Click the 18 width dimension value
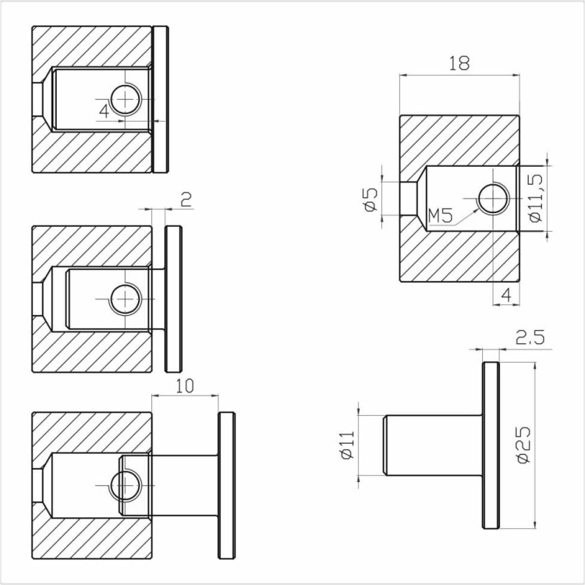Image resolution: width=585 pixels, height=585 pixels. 459,63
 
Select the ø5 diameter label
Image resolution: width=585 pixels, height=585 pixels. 371,199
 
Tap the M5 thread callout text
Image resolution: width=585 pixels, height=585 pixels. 440,216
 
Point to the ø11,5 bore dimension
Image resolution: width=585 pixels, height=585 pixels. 536,198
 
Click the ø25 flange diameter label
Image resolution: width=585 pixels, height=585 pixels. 524,445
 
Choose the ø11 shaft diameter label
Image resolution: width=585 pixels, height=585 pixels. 347,445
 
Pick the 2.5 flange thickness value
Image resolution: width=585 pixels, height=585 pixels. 530,337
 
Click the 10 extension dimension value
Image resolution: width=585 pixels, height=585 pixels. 185,386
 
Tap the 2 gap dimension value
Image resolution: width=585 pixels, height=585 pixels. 186,200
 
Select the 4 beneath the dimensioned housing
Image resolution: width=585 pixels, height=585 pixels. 506,295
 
